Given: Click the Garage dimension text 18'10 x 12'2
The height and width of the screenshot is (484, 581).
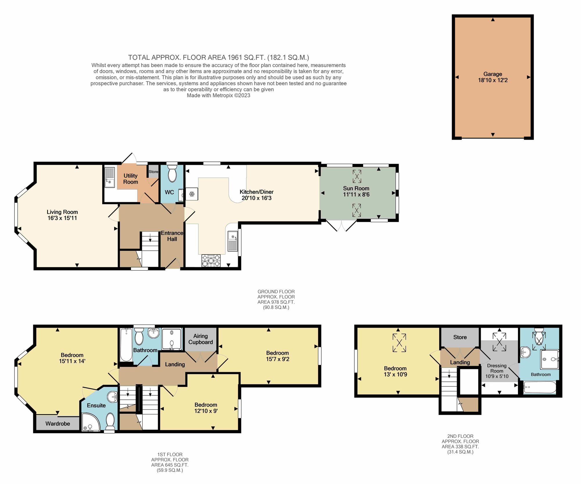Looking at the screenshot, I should (493, 80).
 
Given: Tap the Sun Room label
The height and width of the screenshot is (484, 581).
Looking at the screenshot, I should (356, 188).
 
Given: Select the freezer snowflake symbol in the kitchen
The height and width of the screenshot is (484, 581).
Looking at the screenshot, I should (192, 194).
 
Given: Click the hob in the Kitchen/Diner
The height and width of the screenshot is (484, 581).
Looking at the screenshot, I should (211, 260).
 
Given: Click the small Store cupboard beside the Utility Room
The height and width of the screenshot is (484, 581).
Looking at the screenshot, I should (153, 172).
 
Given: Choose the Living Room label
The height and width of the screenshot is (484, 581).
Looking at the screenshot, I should (62, 212).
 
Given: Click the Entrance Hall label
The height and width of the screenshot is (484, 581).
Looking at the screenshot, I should (172, 236).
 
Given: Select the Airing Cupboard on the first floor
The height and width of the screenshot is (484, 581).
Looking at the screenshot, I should (200, 339).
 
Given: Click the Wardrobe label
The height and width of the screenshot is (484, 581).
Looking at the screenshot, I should (58, 424).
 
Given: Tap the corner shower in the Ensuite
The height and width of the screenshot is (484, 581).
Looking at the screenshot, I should (89, 423).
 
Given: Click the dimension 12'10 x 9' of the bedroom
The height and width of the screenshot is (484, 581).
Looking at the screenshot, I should (206, 411).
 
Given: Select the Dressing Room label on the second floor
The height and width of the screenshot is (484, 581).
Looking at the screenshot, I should (497, 368).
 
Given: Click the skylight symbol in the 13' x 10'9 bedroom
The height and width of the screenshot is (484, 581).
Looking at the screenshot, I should (399, 343).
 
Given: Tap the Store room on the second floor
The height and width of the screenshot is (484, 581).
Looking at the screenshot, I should (460, 337).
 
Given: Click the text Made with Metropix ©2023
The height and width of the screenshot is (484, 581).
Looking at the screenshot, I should (218, 95).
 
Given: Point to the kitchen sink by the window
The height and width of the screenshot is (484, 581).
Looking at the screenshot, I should (233, 241).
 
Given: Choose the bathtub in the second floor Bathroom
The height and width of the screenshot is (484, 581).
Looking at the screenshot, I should (540, 388).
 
